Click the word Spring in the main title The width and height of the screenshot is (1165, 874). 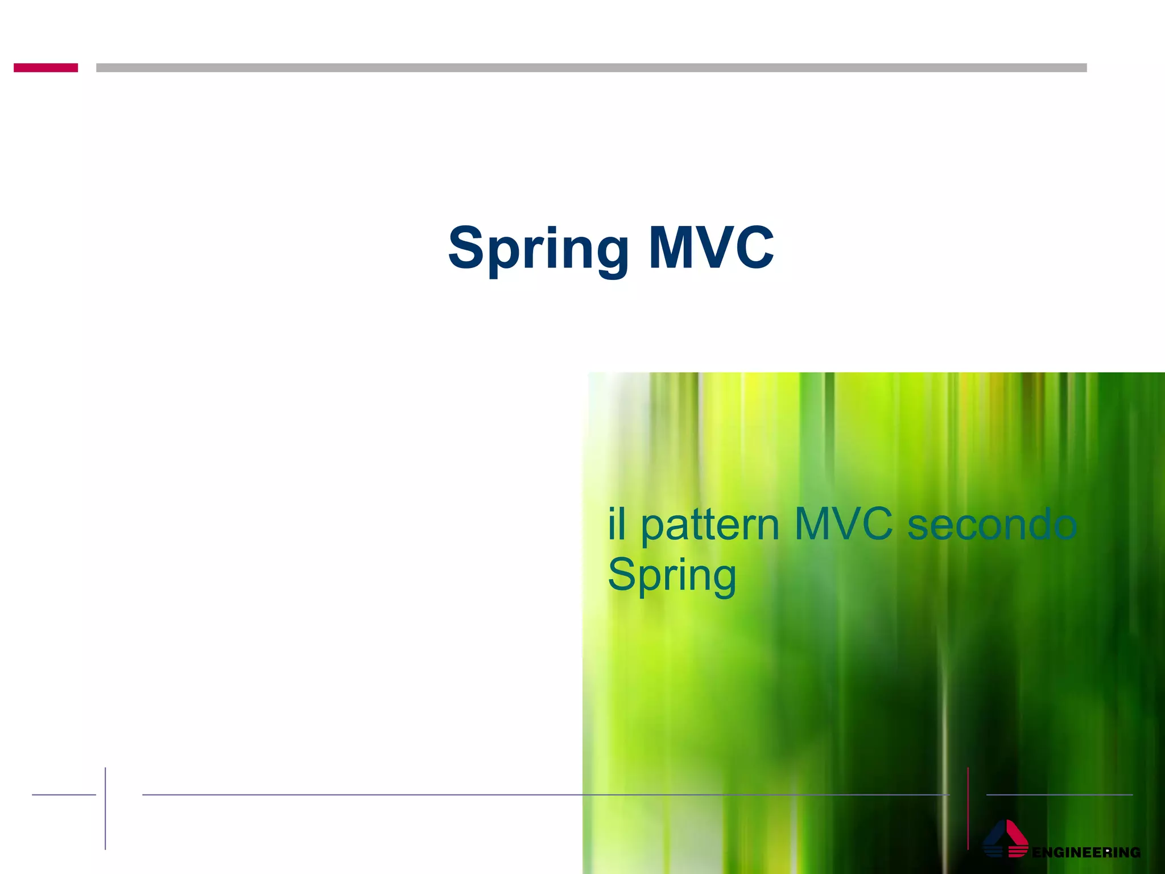click(x=538, y=248)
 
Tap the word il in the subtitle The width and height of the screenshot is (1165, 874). click(x=617, y=525)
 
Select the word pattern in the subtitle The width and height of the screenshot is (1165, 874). click(x=710, y=526)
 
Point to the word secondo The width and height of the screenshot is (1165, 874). click(x=992, y=525)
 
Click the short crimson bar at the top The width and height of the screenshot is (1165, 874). click(x=46, y=68)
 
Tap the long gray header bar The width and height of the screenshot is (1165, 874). click(x=591, y=68)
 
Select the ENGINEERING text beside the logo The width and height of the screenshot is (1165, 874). click(x=1086, y=852)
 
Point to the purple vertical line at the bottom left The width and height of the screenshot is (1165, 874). click(x=105, y=808)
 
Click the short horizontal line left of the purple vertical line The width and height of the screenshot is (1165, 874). click(x=64, y=795)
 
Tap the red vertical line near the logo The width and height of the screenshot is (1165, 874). click(x=968, y=808)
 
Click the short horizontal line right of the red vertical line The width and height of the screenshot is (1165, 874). click(x=1059, y=795)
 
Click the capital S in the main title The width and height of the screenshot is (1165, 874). click(x=465, y=248)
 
